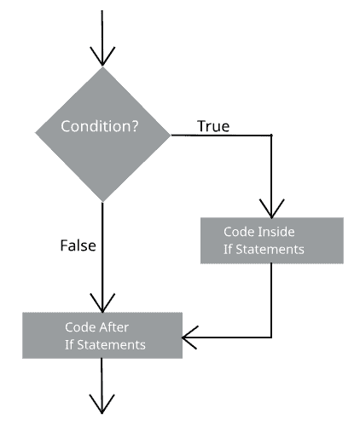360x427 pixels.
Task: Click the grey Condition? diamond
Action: tap(102, 134)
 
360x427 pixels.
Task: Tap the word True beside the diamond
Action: tap(213, 126)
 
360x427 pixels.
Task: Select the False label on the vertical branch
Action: tap(78, 245)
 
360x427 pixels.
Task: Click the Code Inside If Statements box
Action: tap(271, 239)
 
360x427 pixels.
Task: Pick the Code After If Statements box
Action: tap(102, 334)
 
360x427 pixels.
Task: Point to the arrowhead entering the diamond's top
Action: tap(102, 57)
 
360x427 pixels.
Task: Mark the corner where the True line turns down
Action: tap(271, 135)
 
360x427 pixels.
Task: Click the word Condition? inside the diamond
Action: tap(101, 128)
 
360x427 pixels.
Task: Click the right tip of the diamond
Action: tap(171, 134)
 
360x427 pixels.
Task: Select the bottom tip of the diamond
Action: tap(102, 201)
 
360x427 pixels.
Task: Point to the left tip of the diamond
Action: tap(35, 134)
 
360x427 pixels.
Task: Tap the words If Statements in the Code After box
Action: tap(105, 344)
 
